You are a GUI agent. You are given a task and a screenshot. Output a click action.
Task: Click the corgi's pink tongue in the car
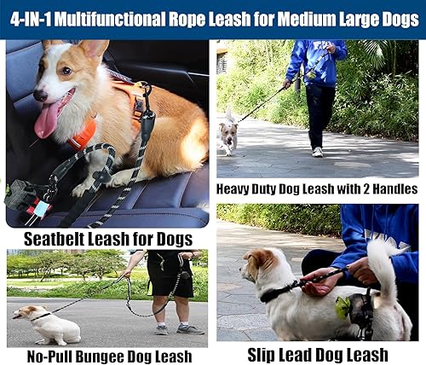pos(48,119)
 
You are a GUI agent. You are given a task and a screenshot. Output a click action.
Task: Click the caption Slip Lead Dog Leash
pos(316,354)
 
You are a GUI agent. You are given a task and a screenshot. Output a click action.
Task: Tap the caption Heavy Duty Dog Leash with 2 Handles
pos(317,189)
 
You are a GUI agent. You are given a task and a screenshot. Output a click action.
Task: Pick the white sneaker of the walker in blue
pos(317,151)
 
